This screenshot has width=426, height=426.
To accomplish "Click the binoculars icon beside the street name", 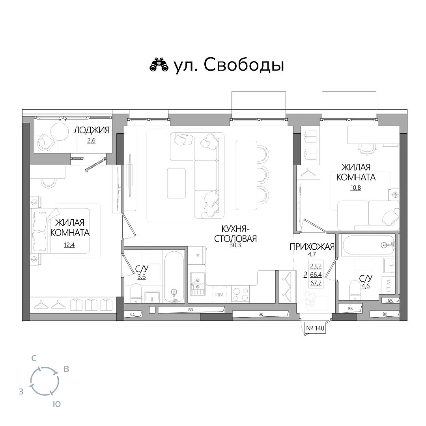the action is pyautogui.click(x=159, y=65).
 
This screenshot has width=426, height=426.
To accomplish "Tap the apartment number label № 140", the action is pyautogui.click(x=315, y=328).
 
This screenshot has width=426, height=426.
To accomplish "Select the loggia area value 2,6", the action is pyautogui.click(x=91, y=140).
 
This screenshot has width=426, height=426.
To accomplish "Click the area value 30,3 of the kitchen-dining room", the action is pyautogui.click(x=235, y=245).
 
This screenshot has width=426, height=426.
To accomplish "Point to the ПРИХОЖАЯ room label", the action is pyautogui.click(x=312, y=247).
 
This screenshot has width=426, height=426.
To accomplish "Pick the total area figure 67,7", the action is pyautogui.click(x=316, y=283).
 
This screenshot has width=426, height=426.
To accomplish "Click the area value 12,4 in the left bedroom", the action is pyautogui.click(x=69, y=245).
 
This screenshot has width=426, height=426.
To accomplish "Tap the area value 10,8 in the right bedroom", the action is pyautogui.click(x=356, y=187).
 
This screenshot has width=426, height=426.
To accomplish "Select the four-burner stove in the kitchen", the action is pyautogui.click(x=241, y=294).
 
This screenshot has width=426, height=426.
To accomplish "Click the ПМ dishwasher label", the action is pyautogui.click(x=219, y=295).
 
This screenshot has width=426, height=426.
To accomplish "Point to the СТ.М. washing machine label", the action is pyautogui.click(x=389, y=285).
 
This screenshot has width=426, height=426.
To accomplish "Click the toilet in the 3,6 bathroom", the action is pyautogui.click(x=136, y=293).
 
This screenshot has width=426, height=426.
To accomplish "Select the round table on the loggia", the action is pyautogui.click(x=60, y=131).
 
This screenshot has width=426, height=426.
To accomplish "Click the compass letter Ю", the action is pyautogui.click(x=56, y=404).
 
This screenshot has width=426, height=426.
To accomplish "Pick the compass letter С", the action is pyautogui.click(x=34, y=358).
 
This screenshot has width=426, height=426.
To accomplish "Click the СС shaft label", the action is pyautogui.click(x=133, y=314).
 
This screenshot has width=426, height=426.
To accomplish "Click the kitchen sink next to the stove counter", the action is pyautogui.click(x=198, y=283).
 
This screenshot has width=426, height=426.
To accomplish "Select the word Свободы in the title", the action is pyautogui.click(x=244, y=65).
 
